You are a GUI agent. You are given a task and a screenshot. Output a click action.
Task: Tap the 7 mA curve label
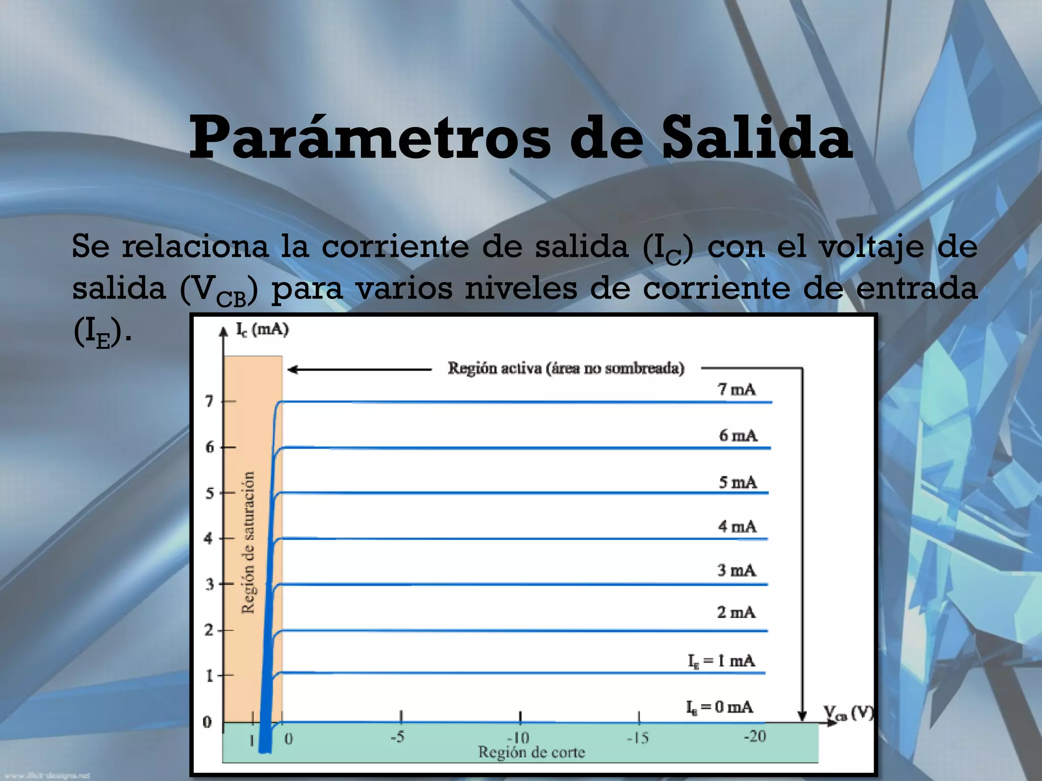coord(736,389)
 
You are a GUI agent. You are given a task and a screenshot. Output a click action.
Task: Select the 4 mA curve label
coord(737,526)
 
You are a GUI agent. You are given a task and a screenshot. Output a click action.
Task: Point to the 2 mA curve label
coord(736,612)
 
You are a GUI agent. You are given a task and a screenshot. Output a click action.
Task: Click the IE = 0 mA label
coord(719,707)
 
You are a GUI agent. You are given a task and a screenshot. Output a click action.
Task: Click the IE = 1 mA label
coord(721,661)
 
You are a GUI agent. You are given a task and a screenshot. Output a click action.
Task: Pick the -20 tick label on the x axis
coord(755,736)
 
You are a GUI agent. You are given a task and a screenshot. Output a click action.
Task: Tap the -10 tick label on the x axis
coord(518,737)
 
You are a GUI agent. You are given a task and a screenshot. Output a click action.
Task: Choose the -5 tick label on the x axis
coord(397,736)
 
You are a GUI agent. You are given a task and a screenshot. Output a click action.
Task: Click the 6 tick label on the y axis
coord(210,447)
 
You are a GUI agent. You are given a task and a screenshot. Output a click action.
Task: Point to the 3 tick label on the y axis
coord(210,584)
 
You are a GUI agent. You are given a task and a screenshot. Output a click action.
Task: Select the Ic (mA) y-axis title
coord(262,329)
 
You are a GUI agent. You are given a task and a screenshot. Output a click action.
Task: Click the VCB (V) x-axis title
coord(848,714)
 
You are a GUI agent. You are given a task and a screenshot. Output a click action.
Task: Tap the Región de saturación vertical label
coord(248,542)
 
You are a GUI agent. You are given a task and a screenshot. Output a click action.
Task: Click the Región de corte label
coord(531,752)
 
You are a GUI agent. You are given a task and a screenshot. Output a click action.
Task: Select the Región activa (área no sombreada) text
coord(566,368)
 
